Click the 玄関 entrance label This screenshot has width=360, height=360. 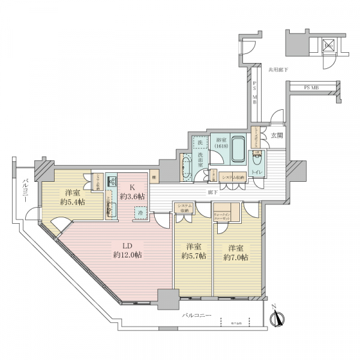(x=277, y=136)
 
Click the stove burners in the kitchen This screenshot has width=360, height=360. (x=112, y=181)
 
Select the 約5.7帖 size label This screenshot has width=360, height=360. (x=193, y=255)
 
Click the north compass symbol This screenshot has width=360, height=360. (x=278, y=320)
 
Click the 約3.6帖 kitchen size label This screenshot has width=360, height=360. (x=133, y=196)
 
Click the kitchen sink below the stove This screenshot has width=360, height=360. (x=110, y=209)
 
